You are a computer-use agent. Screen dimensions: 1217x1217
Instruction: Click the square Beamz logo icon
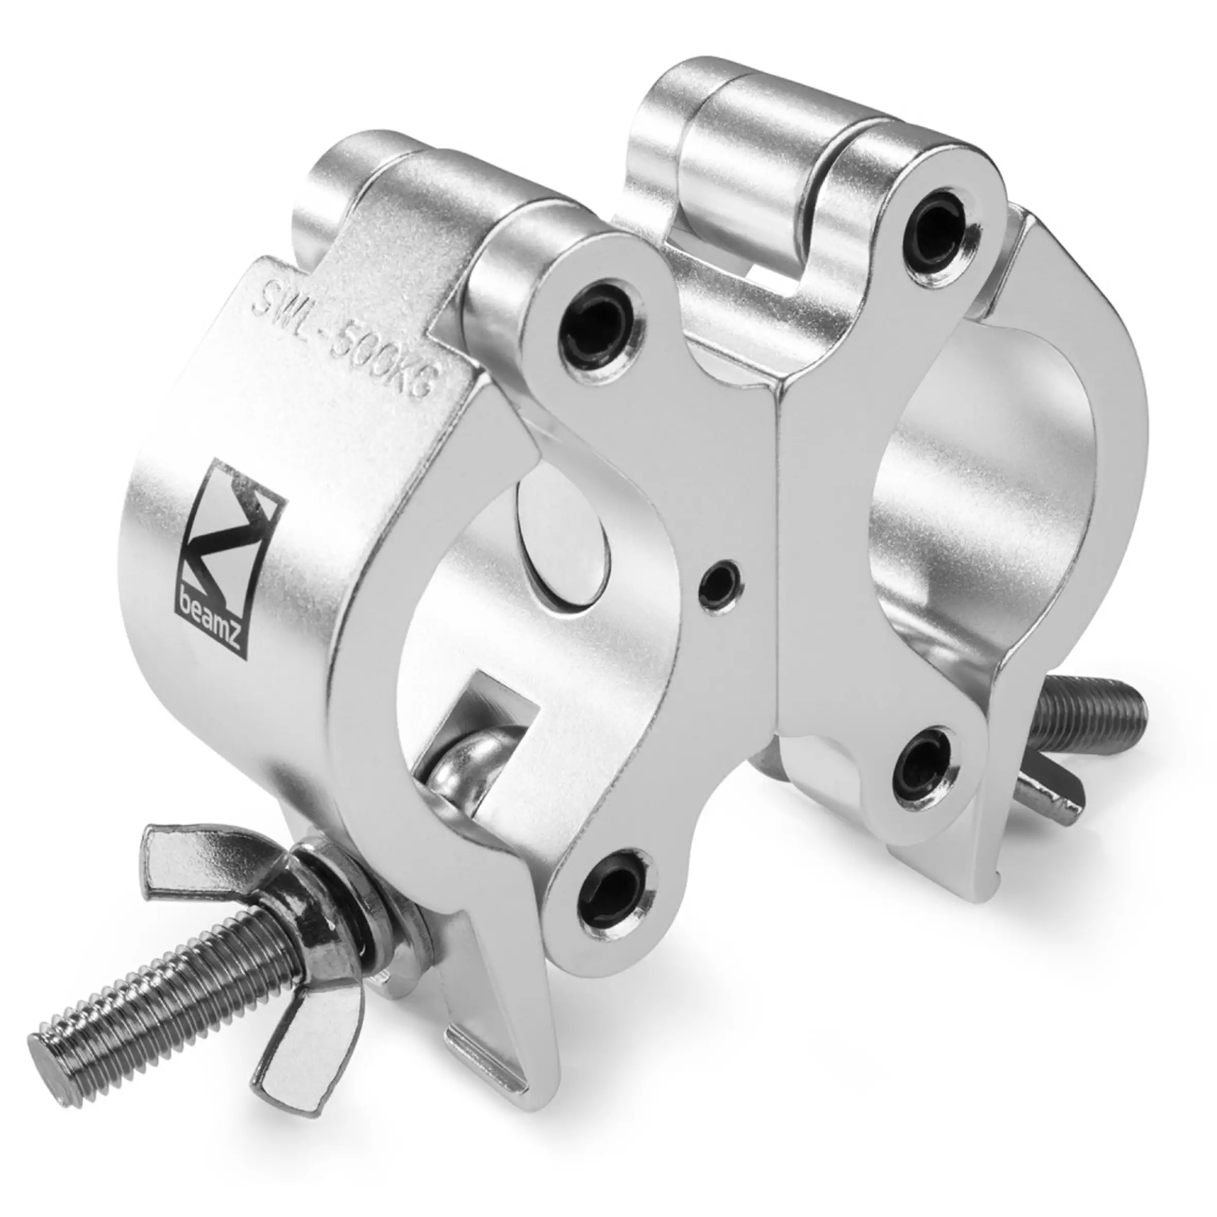click(232, 554)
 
